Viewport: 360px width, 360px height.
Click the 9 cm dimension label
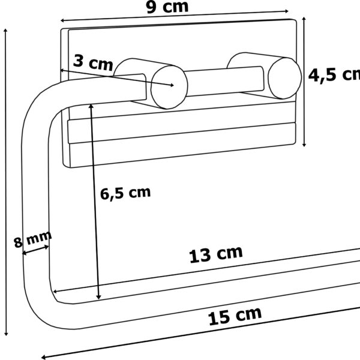coord(167,7)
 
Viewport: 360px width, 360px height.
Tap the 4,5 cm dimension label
coord(334,74)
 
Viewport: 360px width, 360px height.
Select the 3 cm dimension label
coord(93,62)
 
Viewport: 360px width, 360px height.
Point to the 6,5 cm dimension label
coord(125,193)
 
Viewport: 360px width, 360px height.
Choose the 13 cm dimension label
coord(216,254)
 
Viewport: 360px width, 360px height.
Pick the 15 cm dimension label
coord(235,316)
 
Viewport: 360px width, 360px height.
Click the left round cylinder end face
coord(169,87)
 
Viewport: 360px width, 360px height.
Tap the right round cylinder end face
coord(284,78)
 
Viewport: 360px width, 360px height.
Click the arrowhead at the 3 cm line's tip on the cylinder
coord(172,85)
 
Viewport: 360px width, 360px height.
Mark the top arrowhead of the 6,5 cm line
coord(91,106)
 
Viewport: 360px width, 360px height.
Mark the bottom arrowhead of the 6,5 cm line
coord(98,297)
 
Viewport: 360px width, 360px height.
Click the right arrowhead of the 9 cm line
coord(286,11)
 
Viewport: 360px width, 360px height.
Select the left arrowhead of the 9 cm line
coord(62,20)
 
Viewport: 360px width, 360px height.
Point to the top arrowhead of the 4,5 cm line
coord(304,19)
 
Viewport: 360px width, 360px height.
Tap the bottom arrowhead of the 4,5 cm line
coord(304,145)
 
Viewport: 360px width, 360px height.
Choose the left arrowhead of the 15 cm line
coord(44,357)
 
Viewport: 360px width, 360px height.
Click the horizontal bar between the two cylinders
coord(225,82)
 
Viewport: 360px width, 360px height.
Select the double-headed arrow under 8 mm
coord(35,250)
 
